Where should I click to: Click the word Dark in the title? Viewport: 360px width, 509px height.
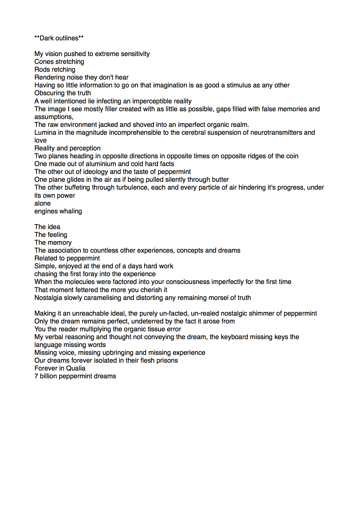tap(46, 38)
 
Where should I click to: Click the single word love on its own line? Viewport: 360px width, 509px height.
tap(40, 141)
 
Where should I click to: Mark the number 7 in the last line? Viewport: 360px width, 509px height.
tap(36, 376)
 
